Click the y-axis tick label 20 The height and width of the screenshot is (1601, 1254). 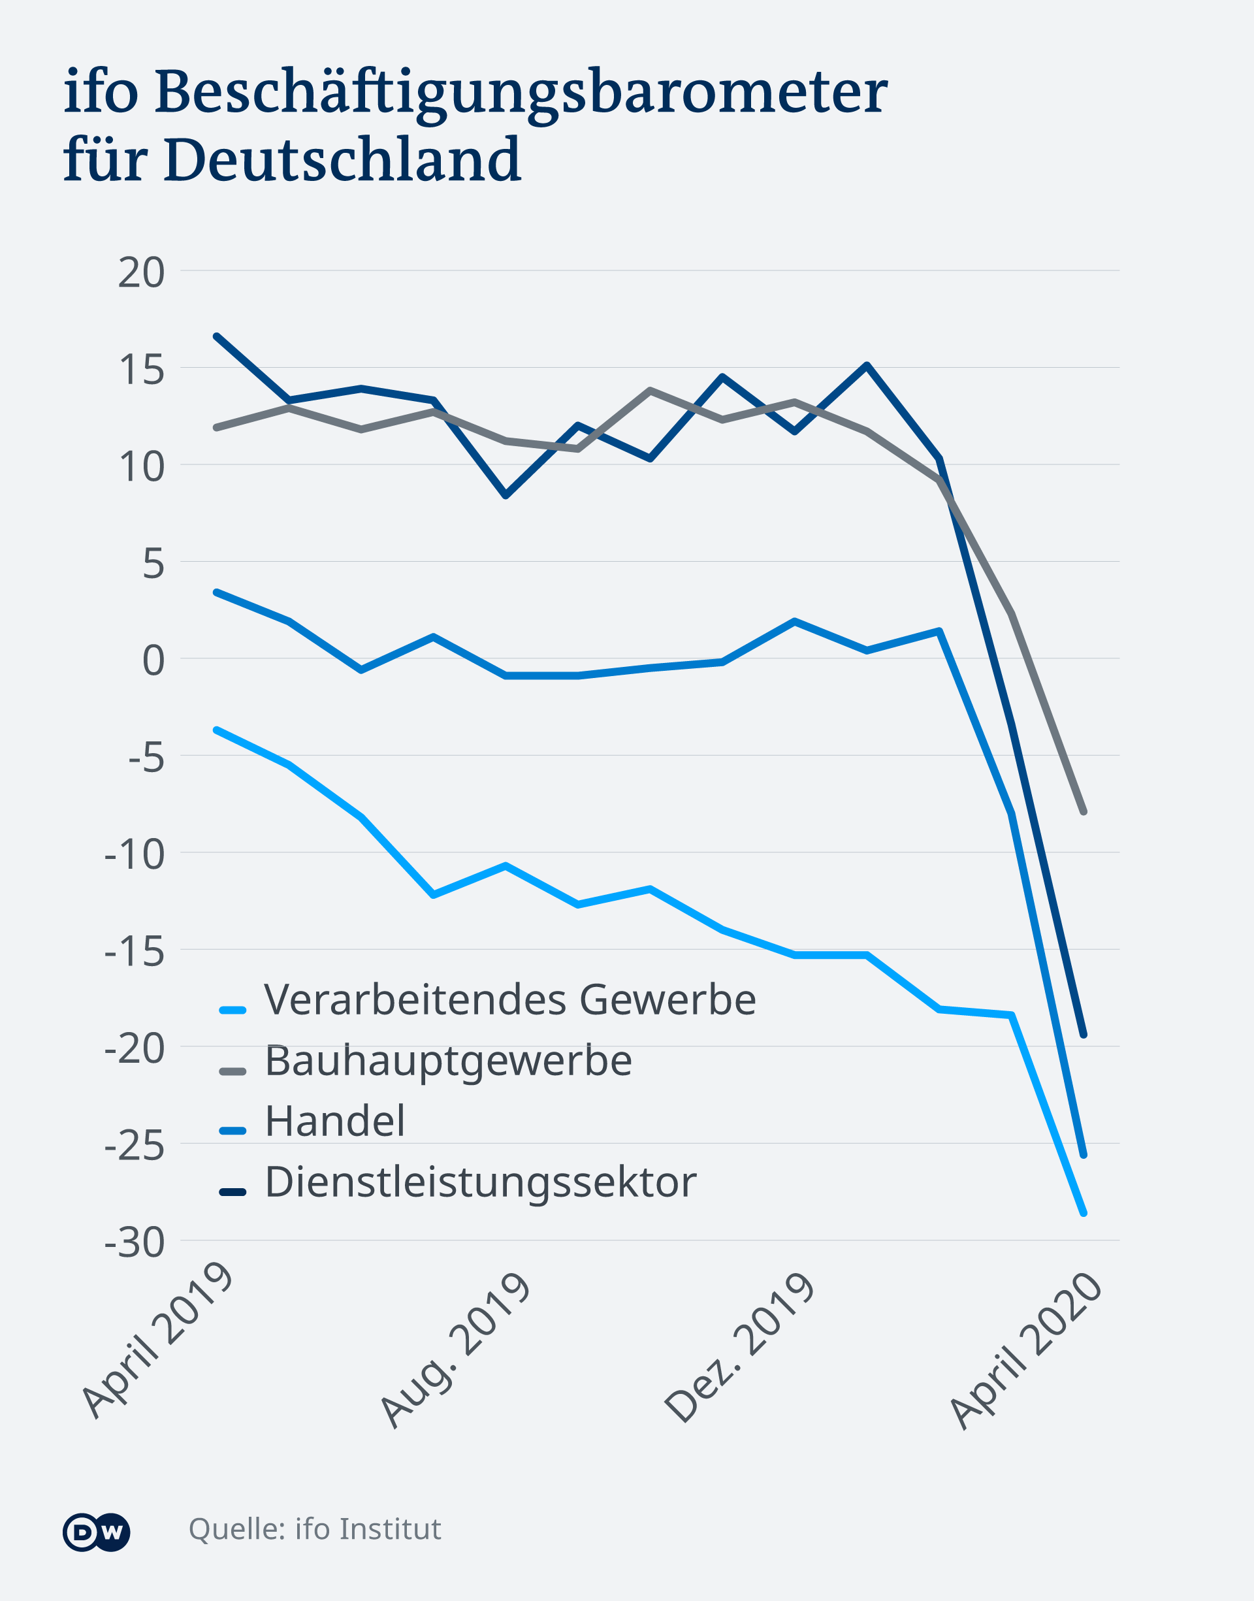click(141, 273)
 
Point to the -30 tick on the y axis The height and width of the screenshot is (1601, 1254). click(135, 1243)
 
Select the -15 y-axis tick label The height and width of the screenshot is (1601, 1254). click(135, 952)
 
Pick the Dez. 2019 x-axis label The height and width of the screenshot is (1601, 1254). click(739, 1348)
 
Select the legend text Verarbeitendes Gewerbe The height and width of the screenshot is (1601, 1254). click(509, 1000)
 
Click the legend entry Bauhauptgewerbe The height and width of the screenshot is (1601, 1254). click(448, 1061)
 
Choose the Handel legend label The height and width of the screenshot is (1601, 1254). click(335, 1121)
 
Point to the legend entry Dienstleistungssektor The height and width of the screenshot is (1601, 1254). click(480, 1182)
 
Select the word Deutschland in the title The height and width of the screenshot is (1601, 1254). click(343, 160)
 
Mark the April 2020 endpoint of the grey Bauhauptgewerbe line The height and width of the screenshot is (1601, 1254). click(1083, 812)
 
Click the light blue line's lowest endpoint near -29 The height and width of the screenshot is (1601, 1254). click(1083, 1214)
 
